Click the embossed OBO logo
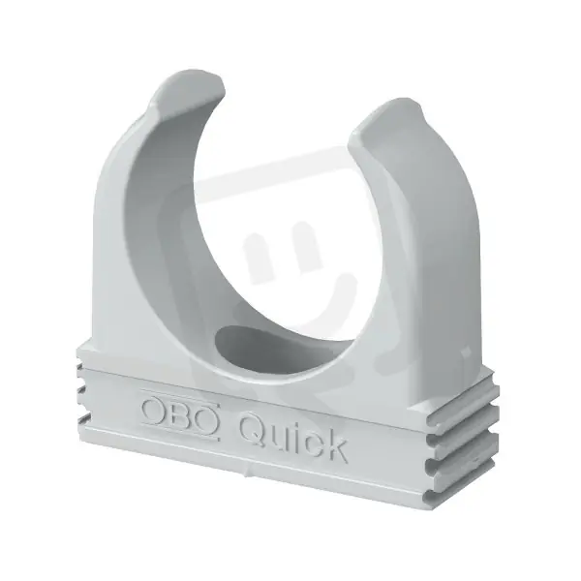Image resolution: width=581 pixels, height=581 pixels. coord(179,414)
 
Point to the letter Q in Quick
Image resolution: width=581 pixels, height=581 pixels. coord(253,429)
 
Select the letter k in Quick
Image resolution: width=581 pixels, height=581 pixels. coord(335,446)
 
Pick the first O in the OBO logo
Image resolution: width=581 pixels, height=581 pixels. coord(154,410)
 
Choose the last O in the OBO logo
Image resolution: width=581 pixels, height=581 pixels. coord(205,419)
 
